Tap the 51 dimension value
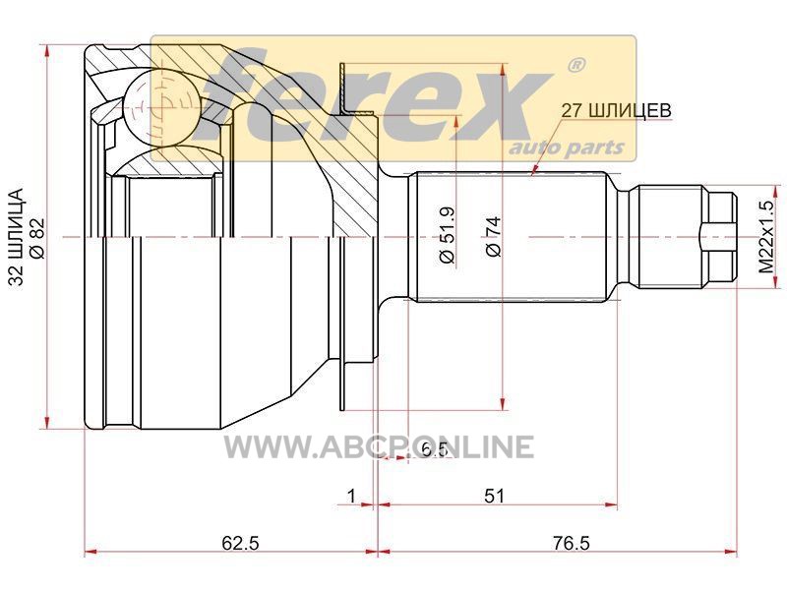pos(494,496)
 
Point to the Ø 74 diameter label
pos(494,236)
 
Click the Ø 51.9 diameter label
pos(447,234)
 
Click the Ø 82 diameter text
pos(38,238)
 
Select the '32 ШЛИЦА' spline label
pos(17,237)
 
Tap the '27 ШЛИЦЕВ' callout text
pos(616,110)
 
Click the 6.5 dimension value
pos(434,449)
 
